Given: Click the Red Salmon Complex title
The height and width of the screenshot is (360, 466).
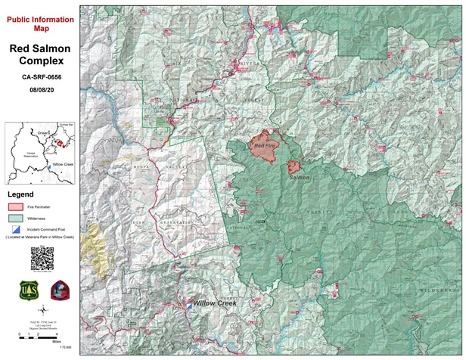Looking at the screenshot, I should pos(42,55).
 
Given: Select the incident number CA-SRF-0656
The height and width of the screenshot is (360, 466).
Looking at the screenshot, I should pos(42,76).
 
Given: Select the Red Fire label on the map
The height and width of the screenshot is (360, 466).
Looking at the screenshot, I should pos(265,144).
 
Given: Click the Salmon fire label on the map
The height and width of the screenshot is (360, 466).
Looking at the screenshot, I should pos(300,178).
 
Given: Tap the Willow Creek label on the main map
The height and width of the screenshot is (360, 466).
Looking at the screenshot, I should pos(215,303).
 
